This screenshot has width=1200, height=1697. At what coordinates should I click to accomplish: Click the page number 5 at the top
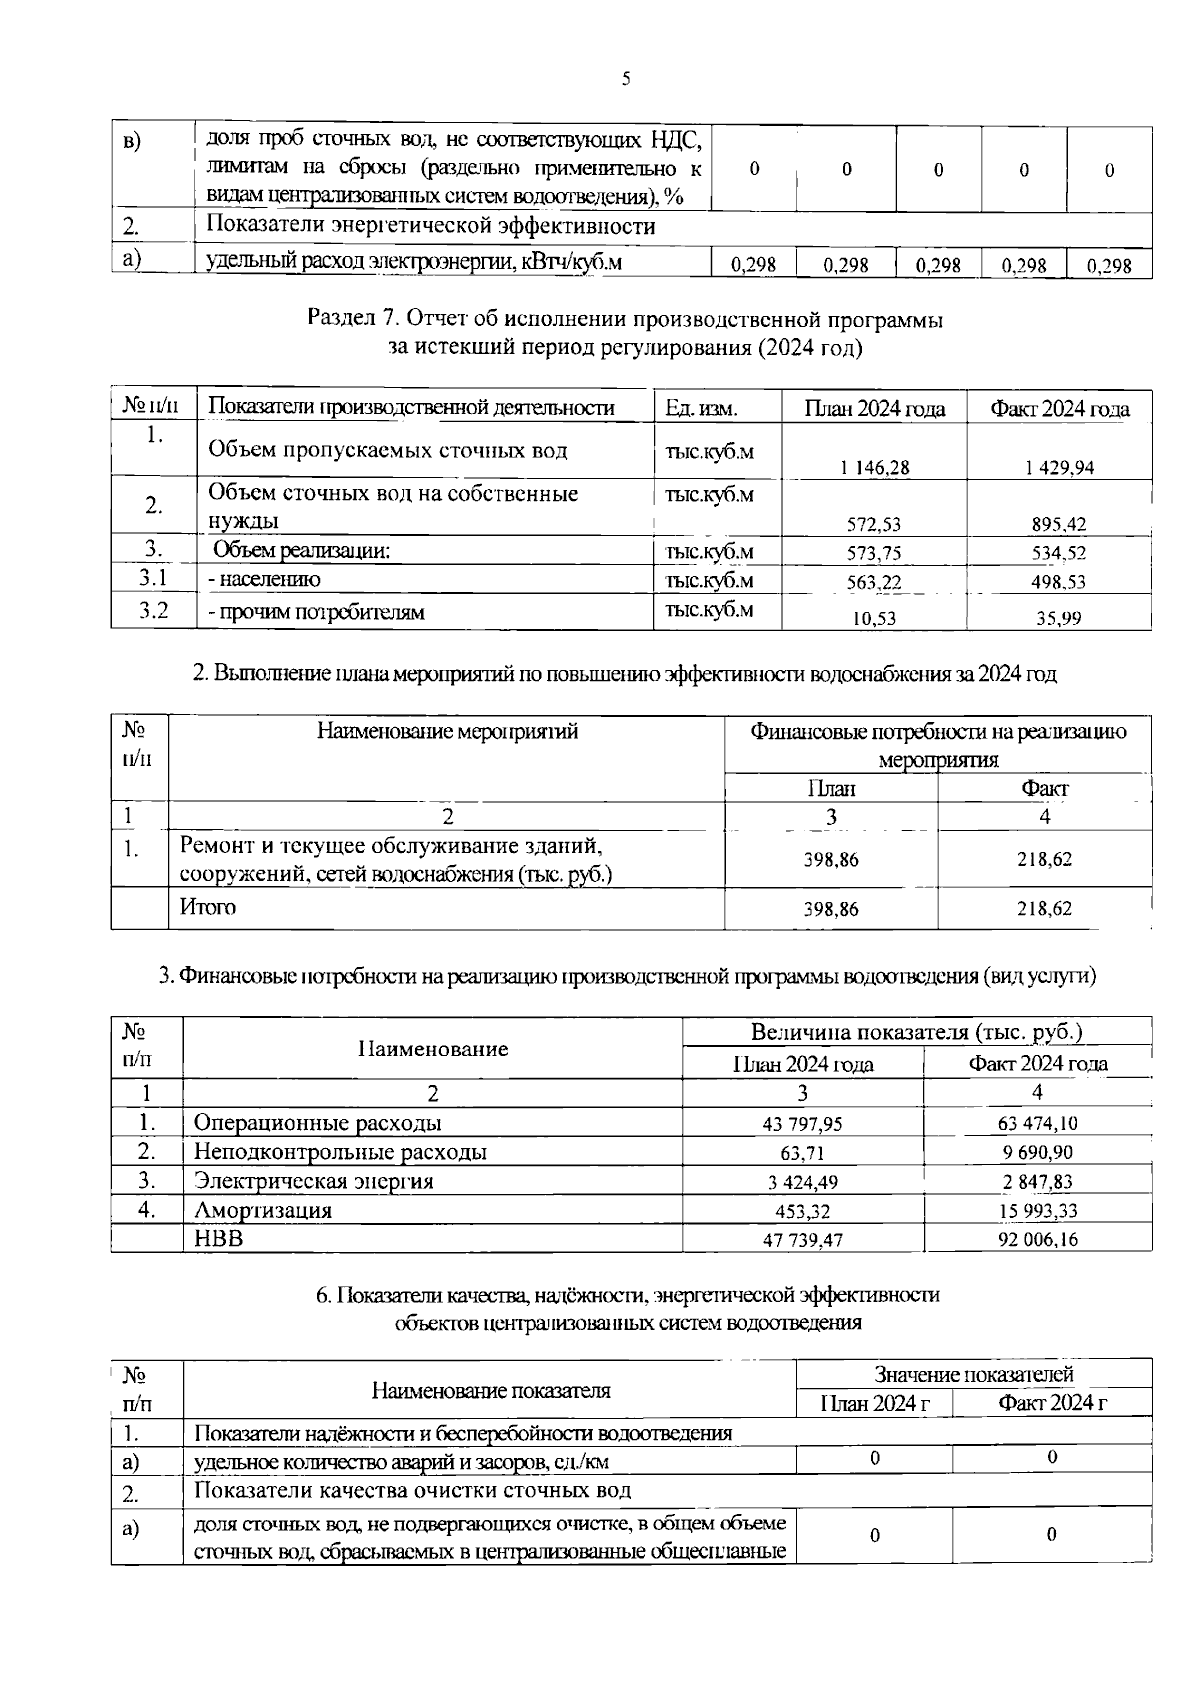coord(626,79)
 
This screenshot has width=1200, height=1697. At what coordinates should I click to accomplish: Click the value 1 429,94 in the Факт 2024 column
coord(1058,467)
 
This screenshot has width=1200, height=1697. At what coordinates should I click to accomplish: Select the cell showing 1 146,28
coord(873,467)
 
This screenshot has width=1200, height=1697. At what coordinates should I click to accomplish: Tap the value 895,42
coord(1058,523)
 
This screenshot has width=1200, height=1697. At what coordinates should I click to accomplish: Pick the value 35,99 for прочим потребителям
coord(1058,618)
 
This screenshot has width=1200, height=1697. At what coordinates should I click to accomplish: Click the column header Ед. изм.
coord(701,408)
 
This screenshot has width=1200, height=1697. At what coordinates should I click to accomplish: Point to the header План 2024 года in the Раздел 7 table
coord(874,408)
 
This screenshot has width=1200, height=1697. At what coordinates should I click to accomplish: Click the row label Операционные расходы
coord(317,1123)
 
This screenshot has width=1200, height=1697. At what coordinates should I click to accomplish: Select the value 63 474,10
coord(1037,1123)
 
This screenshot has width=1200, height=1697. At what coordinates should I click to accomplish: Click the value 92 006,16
coord(1037,1240)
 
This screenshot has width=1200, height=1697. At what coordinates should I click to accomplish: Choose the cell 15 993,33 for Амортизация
coord(1037,1211)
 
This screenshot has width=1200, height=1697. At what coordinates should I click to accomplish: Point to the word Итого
coord(208,907)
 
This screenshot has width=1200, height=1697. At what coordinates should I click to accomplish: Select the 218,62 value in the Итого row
coord(1044,909)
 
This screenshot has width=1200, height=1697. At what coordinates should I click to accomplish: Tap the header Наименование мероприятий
coord(447,731)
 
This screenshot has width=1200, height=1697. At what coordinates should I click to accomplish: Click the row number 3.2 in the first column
coord(153,610)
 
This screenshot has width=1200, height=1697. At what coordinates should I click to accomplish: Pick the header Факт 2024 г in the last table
coord(1052,1403)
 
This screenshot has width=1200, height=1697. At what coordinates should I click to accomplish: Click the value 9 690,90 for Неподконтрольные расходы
coord(1037,1152)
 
